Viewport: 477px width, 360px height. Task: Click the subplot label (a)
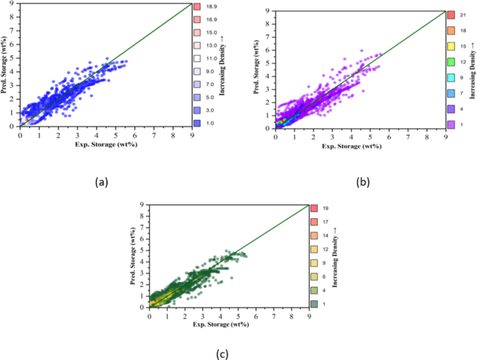(102, 182)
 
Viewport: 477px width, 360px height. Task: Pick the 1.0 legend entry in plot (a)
(198, 123)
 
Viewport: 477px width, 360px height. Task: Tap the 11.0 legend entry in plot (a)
(198, 65)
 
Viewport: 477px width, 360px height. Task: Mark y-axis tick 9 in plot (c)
(142, 205)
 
